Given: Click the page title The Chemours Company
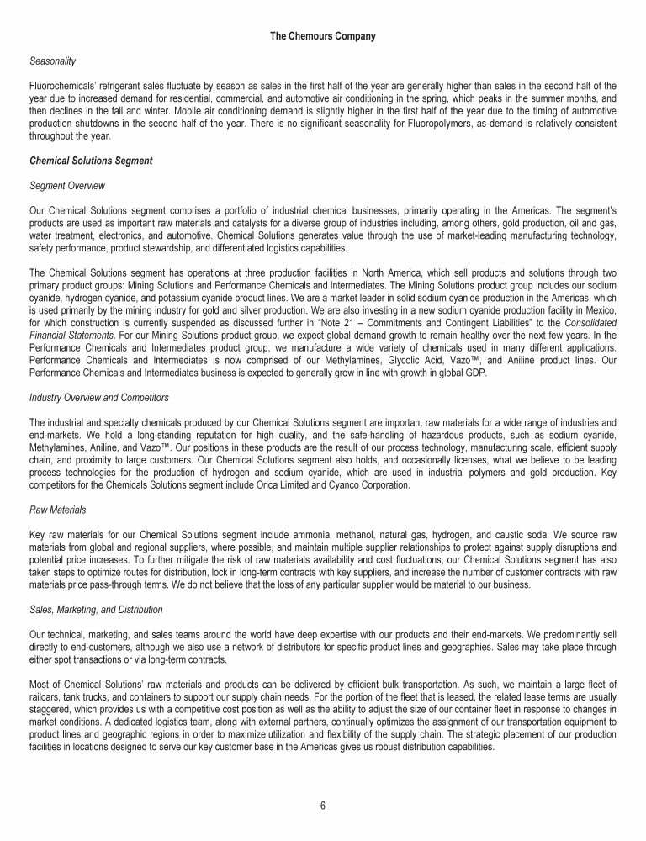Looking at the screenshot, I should click(x=323, y=36).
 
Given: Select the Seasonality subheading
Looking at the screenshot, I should click(x=52, y=61).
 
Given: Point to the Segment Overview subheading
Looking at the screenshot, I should click(x=66, y=184).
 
